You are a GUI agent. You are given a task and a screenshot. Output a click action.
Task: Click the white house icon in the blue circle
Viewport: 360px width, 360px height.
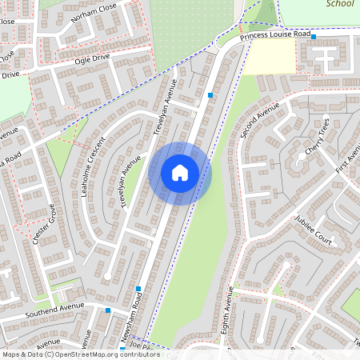tap(180, 172)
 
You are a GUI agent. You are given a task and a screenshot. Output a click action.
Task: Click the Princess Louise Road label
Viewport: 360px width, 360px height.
tap(274, 35)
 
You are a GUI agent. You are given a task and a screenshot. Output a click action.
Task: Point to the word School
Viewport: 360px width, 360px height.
tap(340, 4)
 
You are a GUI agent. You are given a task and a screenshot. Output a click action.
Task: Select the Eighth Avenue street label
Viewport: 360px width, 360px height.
tap(226, 313)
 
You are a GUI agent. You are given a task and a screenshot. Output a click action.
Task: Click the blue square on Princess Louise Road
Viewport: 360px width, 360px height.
tap(314, 37)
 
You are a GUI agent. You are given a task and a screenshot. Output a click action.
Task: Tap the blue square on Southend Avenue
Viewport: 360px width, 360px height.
tap(108, 310)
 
